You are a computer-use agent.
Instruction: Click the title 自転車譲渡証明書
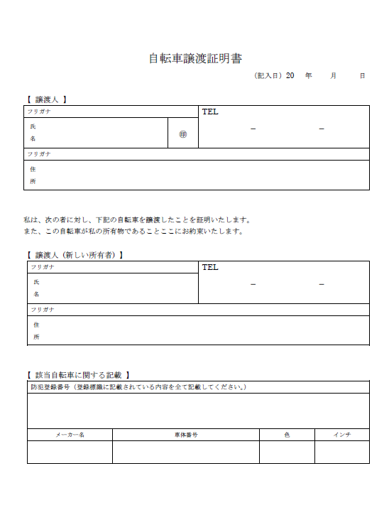coord(194,58)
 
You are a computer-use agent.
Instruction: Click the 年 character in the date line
coord(308,75)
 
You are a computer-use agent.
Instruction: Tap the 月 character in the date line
coord(334,75)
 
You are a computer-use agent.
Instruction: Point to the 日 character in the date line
coord(362,75)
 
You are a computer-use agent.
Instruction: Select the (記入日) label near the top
coord(268,75)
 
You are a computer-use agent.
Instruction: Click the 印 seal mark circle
coord(183,133)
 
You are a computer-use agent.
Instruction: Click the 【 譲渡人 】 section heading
coord(47,99)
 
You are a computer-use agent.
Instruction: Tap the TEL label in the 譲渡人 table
coord(210,112)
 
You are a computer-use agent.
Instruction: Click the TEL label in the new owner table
coord(210,267)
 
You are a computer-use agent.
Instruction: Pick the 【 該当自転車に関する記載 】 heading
coord(77,374)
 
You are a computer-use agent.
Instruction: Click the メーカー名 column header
coord(70,435)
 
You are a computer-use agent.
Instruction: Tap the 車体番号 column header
coord(185,435)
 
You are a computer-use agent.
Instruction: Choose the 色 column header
coord(287,435)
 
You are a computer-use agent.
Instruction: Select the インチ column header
coord(342,435)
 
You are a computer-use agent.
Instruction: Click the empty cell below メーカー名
coord(70,452)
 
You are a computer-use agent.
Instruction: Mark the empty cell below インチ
coord(342,452)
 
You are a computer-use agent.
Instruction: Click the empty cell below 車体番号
coord(185,452)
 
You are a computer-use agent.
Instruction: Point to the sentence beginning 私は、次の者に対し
coord(137,219)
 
